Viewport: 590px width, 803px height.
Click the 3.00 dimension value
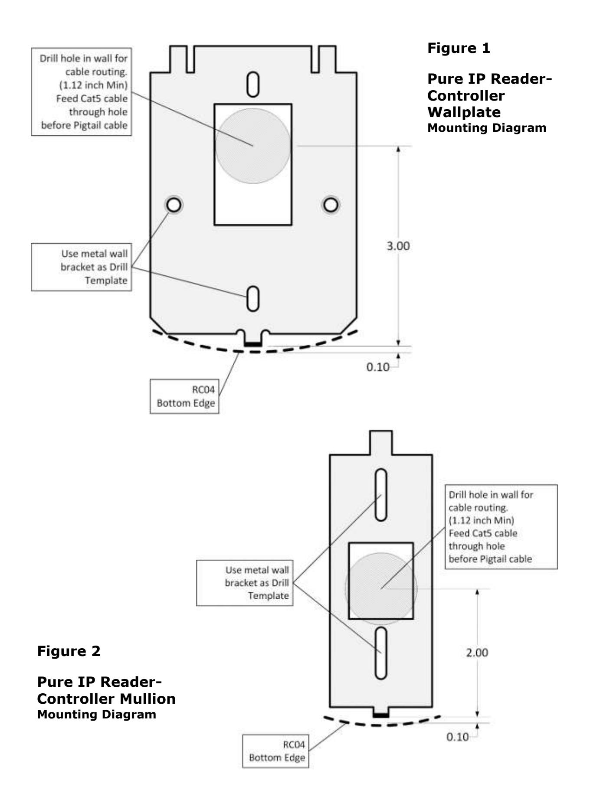pos(398,246)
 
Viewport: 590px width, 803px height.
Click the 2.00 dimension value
pos(477,653)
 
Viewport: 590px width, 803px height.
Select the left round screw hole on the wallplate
pos(174,205)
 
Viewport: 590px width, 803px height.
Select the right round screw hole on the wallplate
pos(331,205)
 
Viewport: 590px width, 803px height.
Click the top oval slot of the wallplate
pos(253,85)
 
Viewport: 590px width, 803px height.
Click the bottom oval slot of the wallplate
pos(253,298)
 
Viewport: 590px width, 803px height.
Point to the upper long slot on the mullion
pos(381,494)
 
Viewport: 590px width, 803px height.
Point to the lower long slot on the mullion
pos(381,653)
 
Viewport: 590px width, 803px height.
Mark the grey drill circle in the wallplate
pos(253,146)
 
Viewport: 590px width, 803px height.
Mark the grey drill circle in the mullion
pos(381,588)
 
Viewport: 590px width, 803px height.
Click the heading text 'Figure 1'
pos(459,48)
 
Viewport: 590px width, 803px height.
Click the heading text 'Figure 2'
pos(69,651)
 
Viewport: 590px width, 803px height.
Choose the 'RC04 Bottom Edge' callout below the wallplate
pos(185,396)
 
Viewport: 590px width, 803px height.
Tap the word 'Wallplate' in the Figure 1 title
pos(464,112)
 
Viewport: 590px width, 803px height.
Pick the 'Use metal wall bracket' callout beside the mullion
pos(245,583)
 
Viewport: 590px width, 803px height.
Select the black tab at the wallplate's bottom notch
pos(253,344)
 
